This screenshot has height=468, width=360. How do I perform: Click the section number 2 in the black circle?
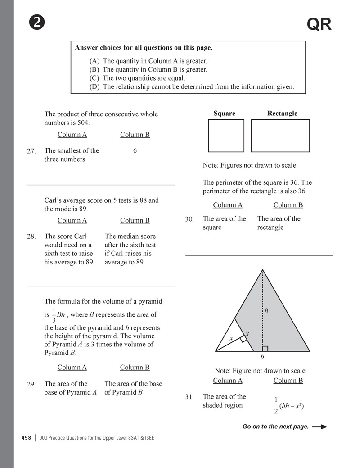(x=36, y=23)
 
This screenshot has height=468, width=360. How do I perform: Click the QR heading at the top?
(x=319, y=25)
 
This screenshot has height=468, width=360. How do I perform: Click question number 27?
(x=31, y=151)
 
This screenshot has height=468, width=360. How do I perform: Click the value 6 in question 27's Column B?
(x=135, y=151)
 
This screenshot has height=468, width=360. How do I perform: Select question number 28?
(x=31, y=236)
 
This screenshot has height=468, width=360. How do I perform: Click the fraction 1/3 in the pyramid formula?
(x=54, y=315)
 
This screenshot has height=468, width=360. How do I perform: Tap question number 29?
(x=31, y=384)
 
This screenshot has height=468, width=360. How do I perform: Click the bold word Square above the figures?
(x=224, y=114)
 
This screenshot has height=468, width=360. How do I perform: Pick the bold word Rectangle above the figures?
(x=282, y=114)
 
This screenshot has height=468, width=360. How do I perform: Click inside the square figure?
(x=226, y=136)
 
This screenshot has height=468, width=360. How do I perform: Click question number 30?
(x=189, y=219)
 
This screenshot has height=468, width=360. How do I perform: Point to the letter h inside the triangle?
(x=266, y=310)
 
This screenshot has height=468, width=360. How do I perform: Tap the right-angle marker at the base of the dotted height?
(x=265, y=348)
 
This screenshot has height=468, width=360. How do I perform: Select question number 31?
(x=189, y=397)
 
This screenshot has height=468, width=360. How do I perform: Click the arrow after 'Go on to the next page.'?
(x=319, y=427)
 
